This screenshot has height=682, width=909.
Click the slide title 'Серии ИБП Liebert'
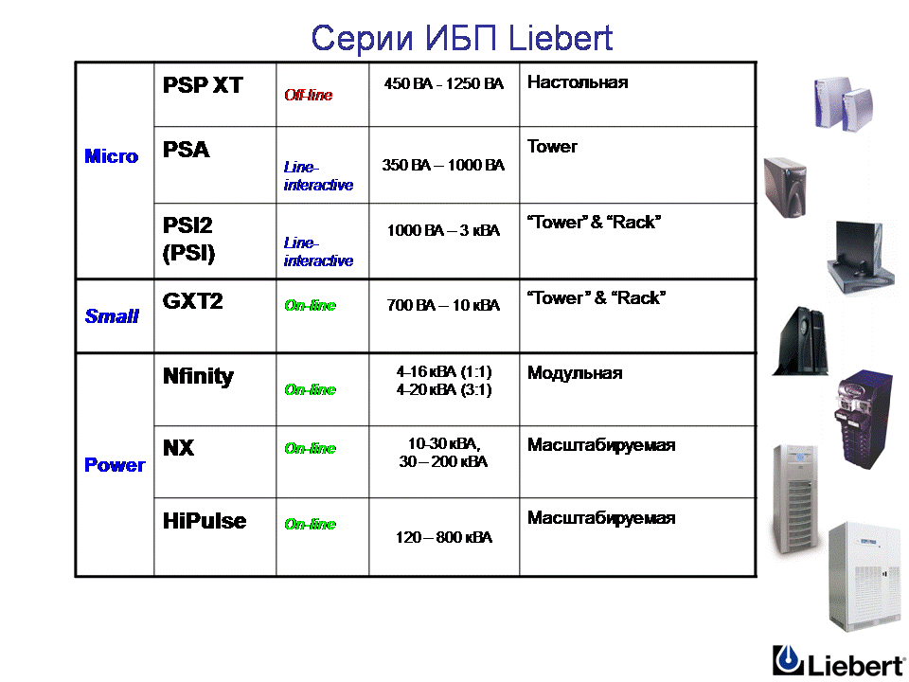click(461, 38)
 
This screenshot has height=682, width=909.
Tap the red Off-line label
click(309, 95)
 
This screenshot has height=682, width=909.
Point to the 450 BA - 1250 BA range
click(444, 83)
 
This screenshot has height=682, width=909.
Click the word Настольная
click(578, 82)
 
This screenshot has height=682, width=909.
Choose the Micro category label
click(112, 156)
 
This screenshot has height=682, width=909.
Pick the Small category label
click(112, 316)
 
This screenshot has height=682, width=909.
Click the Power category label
click(115, 464)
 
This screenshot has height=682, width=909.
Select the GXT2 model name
click(192, 301)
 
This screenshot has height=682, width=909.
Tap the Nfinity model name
click(198, 377)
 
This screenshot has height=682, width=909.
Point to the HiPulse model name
click(205, 521)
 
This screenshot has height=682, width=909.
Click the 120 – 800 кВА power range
click(444, 538)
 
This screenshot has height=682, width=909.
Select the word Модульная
click(575, 373)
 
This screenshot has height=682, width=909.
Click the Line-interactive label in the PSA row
click(318, 176)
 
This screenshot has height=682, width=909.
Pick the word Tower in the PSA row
click(552, 147)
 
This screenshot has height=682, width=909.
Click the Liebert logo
click(839, 660)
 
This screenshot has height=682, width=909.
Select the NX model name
click(178, 448)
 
